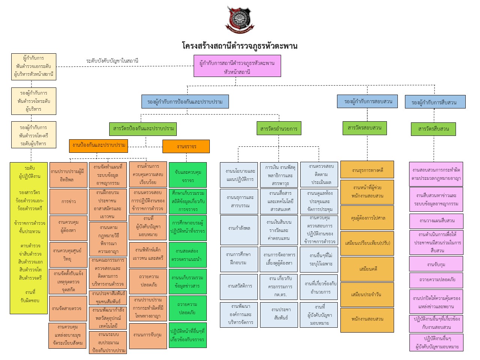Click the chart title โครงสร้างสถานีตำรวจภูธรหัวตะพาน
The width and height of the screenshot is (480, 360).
coord(239,46)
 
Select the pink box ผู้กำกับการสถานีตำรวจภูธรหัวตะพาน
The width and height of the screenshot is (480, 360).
coord(237,67)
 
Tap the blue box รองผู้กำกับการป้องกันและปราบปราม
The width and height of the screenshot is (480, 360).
coord(185,102)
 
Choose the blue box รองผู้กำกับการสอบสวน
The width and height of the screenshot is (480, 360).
coord(368,101)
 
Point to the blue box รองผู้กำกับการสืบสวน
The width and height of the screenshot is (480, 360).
coord(435,102)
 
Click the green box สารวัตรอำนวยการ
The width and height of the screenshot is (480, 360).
coord(279,129)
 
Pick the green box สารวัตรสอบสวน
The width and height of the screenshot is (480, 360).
coord(364,128)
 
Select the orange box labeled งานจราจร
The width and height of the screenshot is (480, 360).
coord(186,146)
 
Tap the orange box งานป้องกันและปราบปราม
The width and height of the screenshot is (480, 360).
coord(99,145)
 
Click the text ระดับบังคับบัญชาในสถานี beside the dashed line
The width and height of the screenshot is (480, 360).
coord(112,61)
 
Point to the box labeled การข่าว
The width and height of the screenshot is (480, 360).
coord(68,202)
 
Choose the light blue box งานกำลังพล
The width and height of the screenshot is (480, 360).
coord(239,228)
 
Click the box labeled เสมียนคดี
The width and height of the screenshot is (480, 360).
coord(367,269)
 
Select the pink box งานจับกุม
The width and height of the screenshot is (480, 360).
coord(436,264)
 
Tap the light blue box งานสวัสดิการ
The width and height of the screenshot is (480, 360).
coord(239,286)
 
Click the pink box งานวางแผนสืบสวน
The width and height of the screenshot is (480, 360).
coord(436,221)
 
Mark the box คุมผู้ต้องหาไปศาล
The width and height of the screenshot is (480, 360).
coord(367,218)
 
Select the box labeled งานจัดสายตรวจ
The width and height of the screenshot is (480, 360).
coord(68,309)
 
